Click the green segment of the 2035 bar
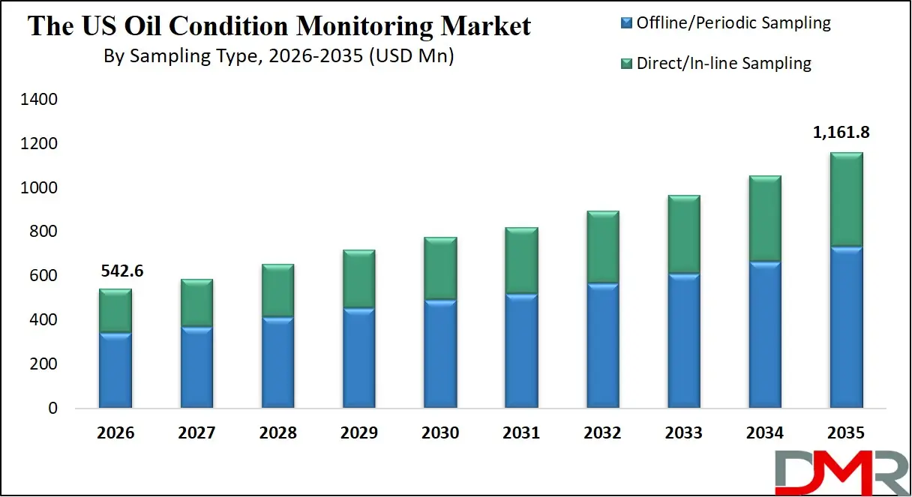tap(846, 199)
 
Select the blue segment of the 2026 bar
tap(115, 370)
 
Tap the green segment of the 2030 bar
tap(440, 268)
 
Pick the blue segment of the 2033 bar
tap(684, 340)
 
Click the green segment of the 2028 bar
tap(277, 291)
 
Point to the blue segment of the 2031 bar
tap(521, 351)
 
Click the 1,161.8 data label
tap(841, 133)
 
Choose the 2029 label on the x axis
tap(358, 433)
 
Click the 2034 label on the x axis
tap(765, 433)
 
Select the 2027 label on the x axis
tap(196, 433)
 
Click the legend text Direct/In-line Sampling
tap(724, 64)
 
